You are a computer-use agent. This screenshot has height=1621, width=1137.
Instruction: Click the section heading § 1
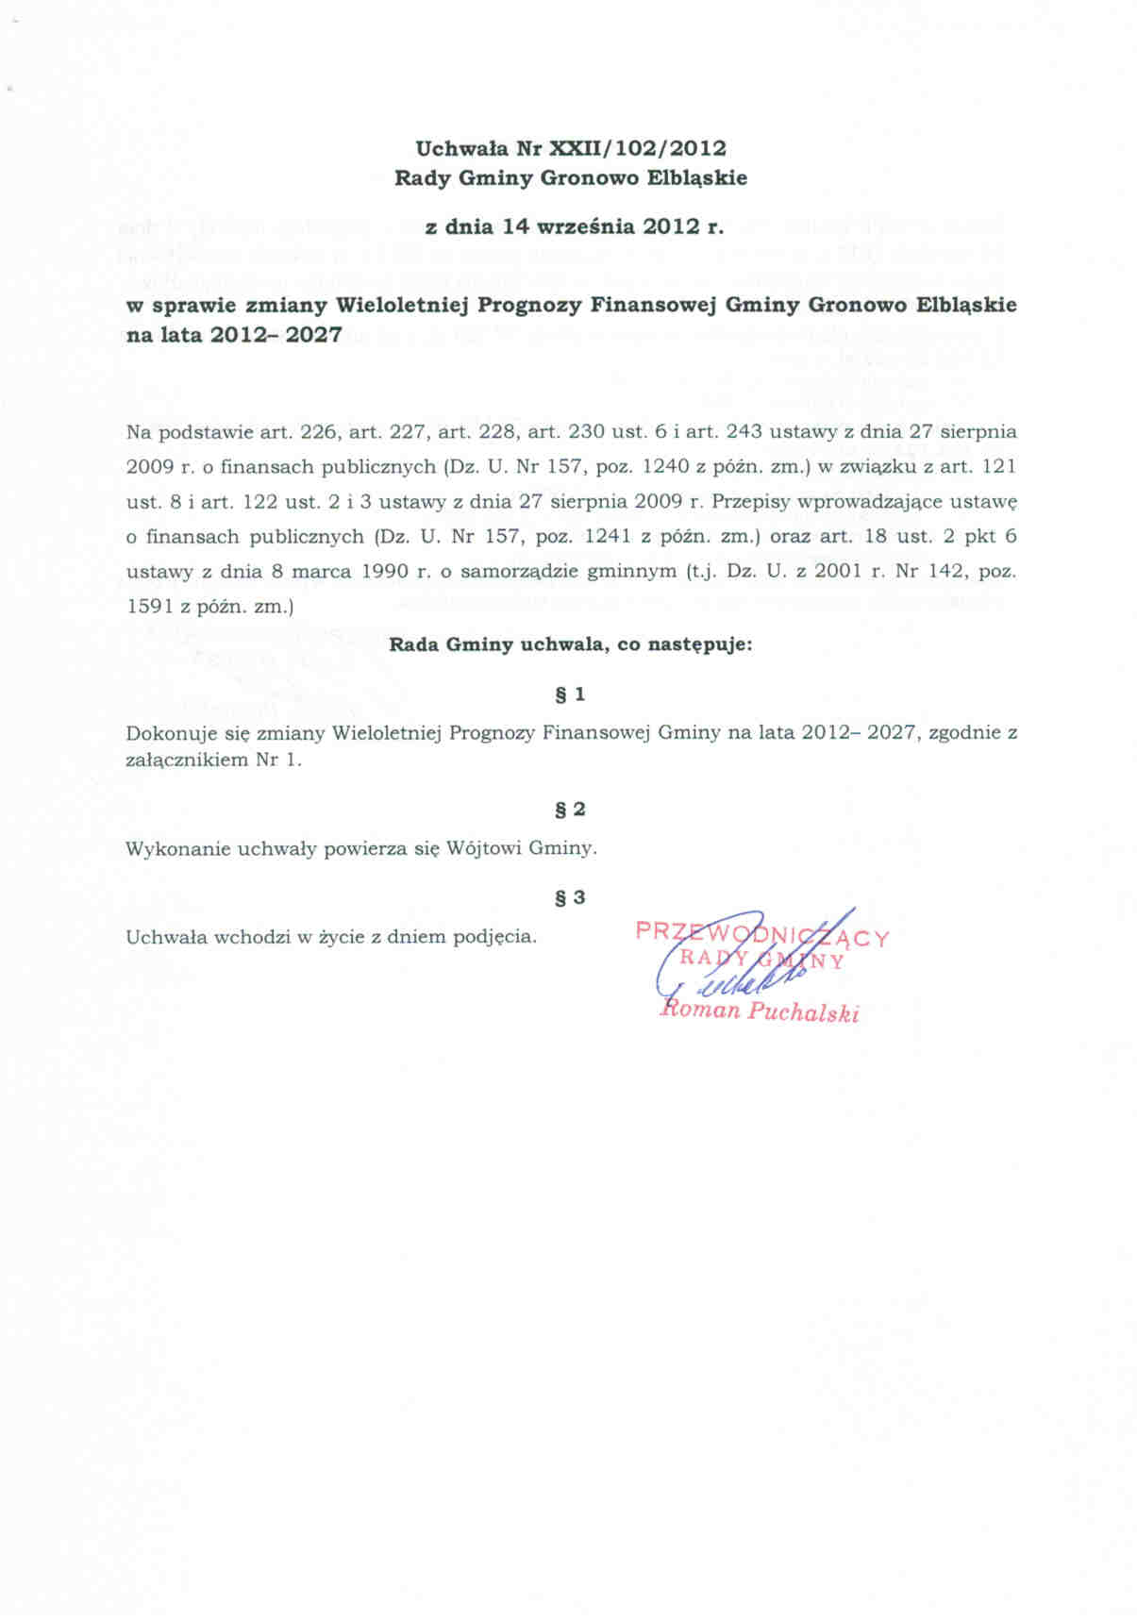pos(570,694)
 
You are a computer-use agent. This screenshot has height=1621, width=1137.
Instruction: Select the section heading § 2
pos(570,810)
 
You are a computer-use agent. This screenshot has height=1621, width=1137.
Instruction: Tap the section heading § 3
pos(570,897)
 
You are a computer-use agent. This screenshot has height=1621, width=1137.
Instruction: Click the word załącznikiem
pos(186,760)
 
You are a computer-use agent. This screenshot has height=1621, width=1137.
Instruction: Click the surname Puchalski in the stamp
pos(803,1013)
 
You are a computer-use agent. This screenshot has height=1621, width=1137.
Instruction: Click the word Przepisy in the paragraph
pos(751,502)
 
